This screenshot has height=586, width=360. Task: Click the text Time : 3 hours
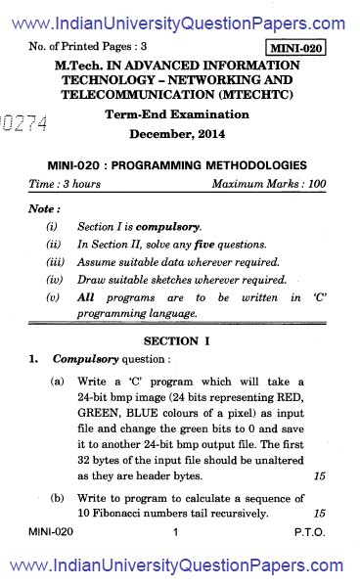click(x=66, y=184)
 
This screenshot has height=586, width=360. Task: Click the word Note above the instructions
click(x=45, y=208)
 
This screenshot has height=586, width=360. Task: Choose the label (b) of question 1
click(x=58, y=498)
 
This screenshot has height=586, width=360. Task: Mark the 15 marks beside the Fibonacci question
click(x=319, y=513)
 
